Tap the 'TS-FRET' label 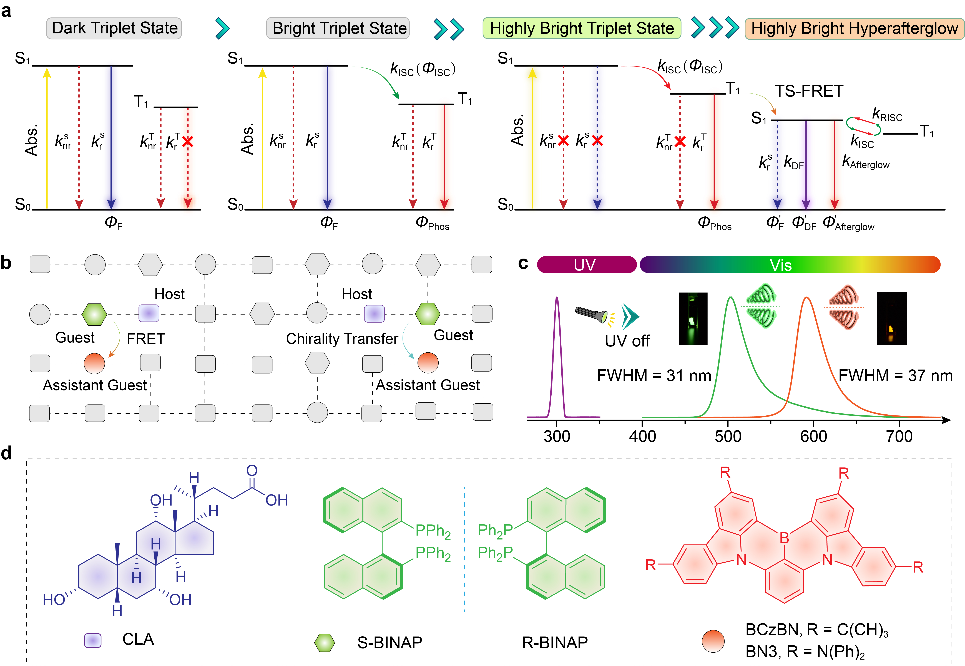pos(809,91)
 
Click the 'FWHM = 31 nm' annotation pos(654,376)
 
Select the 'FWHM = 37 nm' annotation pos(895,376)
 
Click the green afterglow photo pos(693,318)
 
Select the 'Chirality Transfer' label pos(342,338)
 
